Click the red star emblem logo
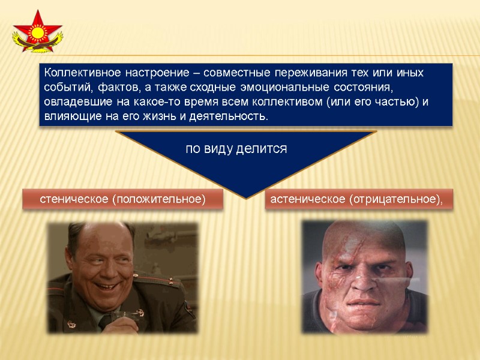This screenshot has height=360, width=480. (x=37, y=34)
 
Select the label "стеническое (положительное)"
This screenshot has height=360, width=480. (x=122, y=199)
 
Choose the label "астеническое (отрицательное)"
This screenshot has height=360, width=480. (x=357, y=199)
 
